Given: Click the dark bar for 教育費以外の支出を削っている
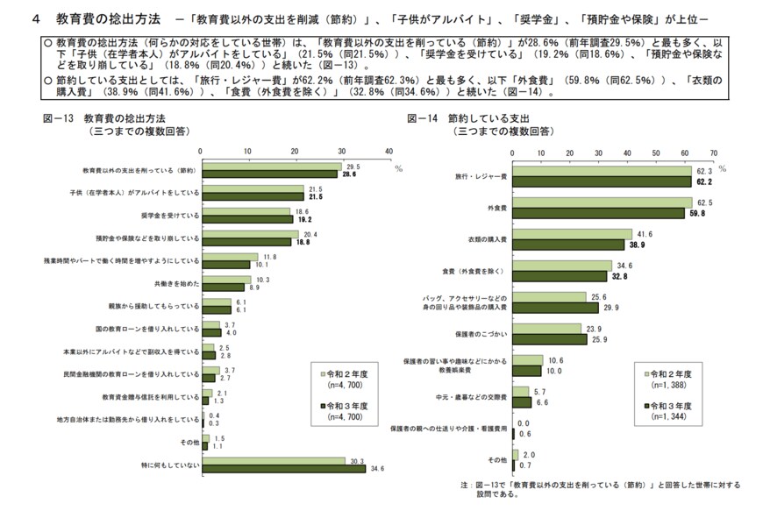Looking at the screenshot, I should click(x=271, y=174).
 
